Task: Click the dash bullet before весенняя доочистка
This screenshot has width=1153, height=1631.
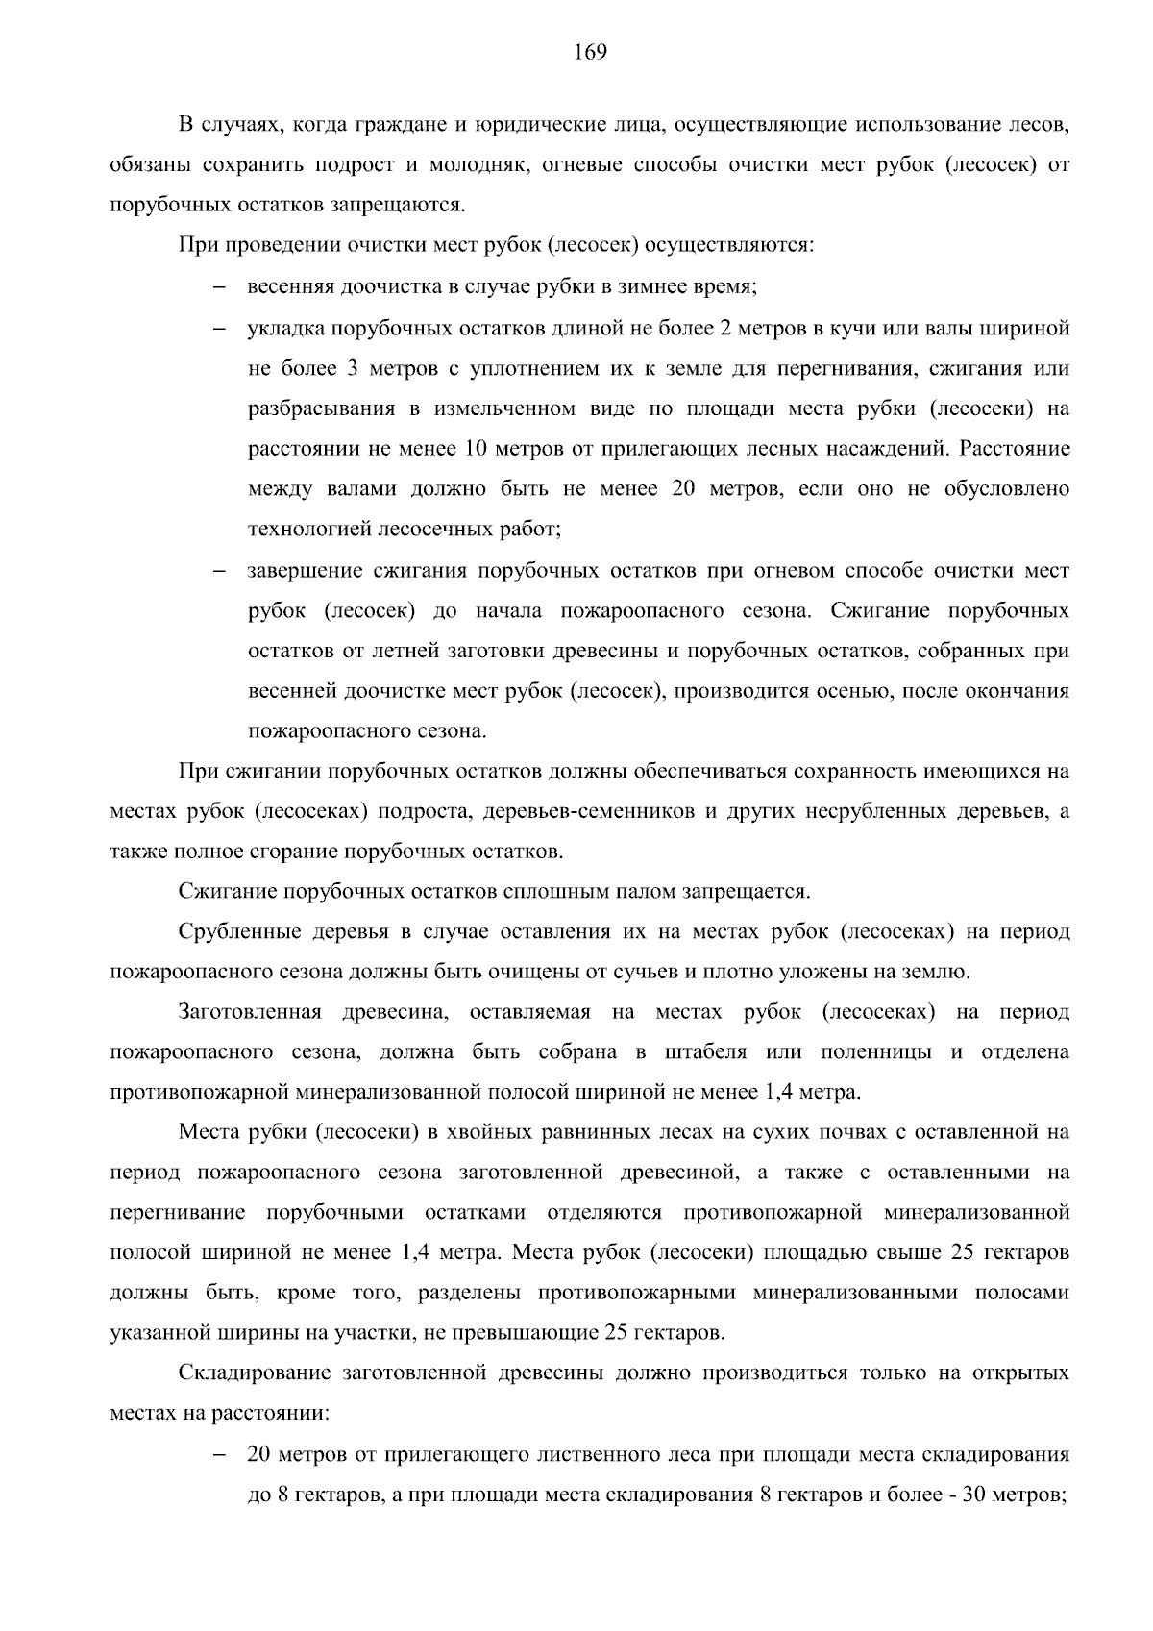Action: coord(218,287)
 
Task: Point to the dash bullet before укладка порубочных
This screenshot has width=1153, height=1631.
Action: coord(218,329)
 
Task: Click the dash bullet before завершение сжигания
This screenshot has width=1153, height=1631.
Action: coord(218,572)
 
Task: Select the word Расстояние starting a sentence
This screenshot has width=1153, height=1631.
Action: coord(1015,449)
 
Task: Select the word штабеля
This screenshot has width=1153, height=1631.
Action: coord(705,1052)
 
